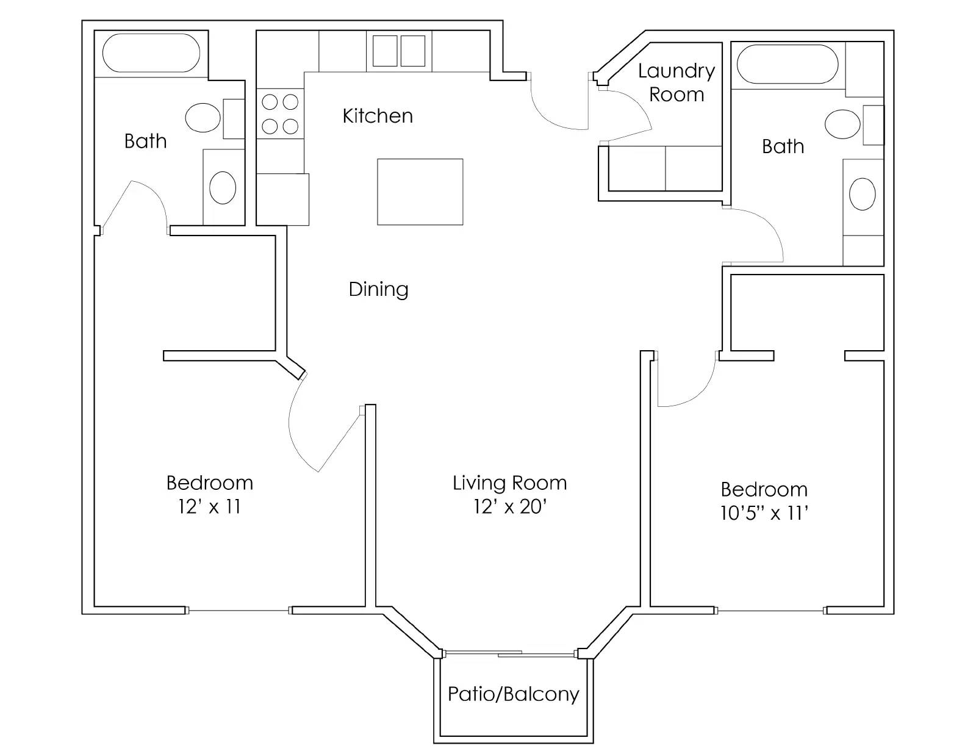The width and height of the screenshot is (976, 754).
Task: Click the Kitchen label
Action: pyautogui.click(x=378, y=116)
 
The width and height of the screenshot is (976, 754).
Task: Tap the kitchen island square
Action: pyautogui.click(x=420, y=192)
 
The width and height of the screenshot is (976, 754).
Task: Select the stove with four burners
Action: pyautogui.click(x=280, y=114)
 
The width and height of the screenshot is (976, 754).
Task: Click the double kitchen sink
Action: pyautogui.click(x=399, y=51)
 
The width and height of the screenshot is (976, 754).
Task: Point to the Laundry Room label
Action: pyautogui.click(x=676, y=82)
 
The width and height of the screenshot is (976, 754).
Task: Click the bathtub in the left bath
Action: pyautogui.click(x=151, y=54)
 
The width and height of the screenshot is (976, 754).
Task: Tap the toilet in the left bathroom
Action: pyautogui.click(x=203, y=118)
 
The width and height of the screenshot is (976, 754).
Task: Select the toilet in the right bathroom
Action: pyautogui.click(x=843, y=124)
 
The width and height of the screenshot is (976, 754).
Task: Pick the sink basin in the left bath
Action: pyautogui.click(x=223, y=187)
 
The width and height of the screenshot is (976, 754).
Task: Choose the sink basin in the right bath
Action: pyautogui.click(x=862, y=194)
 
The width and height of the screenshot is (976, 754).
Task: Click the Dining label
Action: pyautogui.click(x=378, y=289)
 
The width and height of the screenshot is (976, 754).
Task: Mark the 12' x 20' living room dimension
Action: pyautogui.click(x=509, y=506)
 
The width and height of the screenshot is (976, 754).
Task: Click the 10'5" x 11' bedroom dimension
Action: pyautogui.click(x=764, y=513)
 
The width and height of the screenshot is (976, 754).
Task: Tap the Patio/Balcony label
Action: pyautogui.click(x=513, y=694)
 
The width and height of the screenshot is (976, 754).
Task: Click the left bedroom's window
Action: pyautogui.click(x=239, y=610)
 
